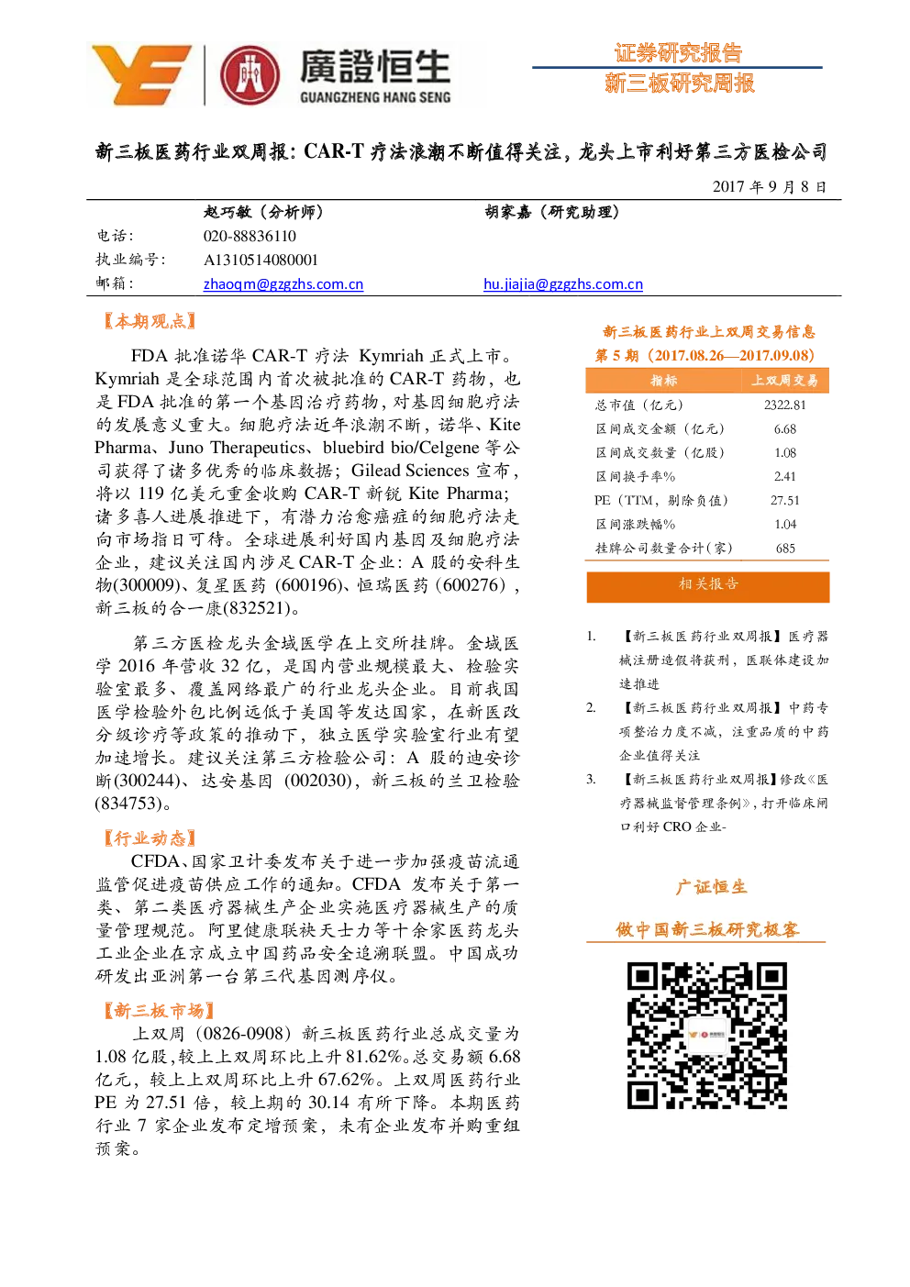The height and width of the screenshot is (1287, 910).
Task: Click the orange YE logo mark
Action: tap(141, 74)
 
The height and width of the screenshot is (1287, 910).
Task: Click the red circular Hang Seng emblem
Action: tap(250, 75)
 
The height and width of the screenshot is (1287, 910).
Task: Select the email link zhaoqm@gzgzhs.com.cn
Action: tap(283, 284)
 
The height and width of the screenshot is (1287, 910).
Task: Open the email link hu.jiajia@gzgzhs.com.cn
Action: tap(563, 284)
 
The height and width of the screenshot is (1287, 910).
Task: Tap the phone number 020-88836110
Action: tap(250, 236)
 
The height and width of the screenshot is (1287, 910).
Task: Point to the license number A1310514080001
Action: tap(261, 261)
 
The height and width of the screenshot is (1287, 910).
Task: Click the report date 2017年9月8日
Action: tap(770, 187)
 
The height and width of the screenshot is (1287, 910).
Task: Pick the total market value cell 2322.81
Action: tap(784, 405)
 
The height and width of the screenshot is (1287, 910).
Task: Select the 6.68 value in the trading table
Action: tap(784, 429)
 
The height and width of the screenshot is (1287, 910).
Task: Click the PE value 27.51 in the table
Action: tap(784, 501)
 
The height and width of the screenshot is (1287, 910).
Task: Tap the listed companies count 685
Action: tap(785, 549)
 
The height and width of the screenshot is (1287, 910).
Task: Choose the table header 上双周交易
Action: tap(784, 381)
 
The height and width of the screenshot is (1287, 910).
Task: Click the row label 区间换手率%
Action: tap(636, 476)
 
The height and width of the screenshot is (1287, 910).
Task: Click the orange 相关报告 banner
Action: tap(708, 586)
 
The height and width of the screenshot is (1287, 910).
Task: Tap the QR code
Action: tap(706, 1035)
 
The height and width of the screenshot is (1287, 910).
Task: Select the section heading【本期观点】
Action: tap(150, 321)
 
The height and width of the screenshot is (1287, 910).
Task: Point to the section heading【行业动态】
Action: tap(150, 838)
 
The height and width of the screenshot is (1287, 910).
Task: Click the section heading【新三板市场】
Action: tap(159, 1011)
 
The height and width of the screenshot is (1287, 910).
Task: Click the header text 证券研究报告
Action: tap(679, 53)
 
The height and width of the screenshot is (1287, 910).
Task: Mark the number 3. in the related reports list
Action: tap(591, 779)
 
